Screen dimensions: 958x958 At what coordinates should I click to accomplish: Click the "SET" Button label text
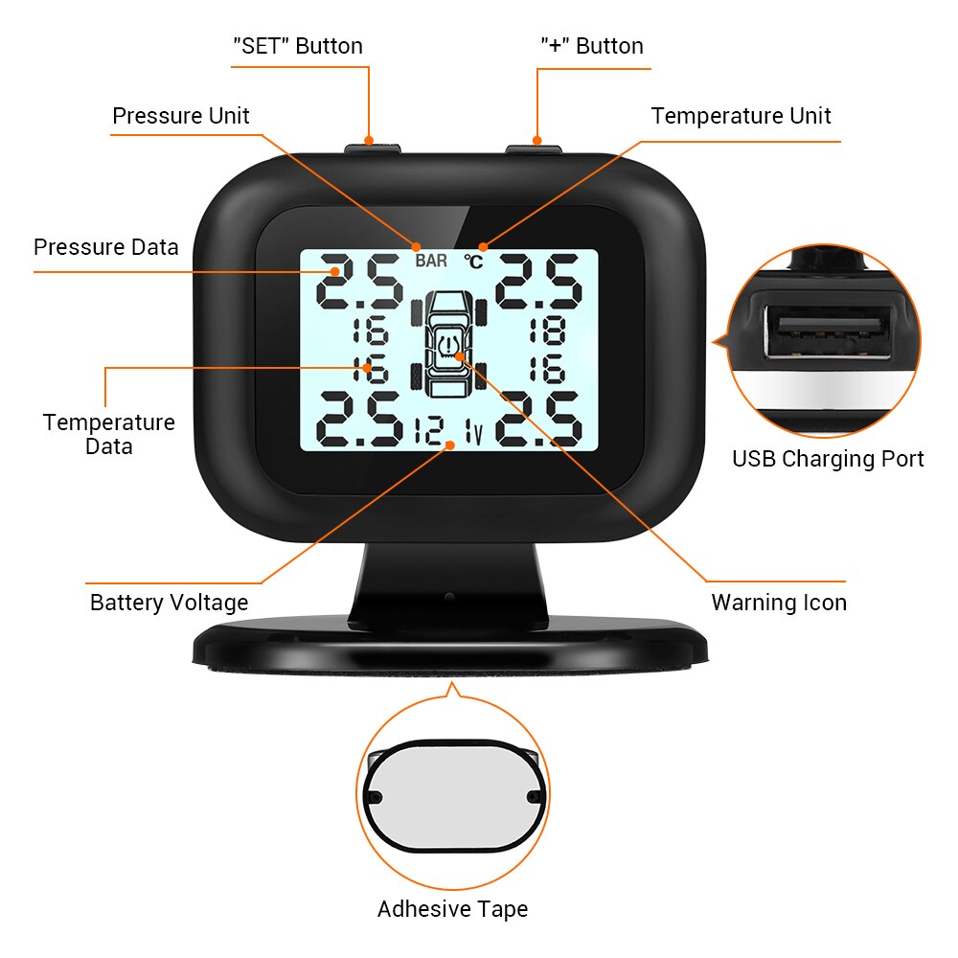(x=298, y=46)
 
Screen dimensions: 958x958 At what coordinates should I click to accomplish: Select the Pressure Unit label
(x=180, y=116)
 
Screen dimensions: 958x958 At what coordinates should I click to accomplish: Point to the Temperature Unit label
(x=741, y=116)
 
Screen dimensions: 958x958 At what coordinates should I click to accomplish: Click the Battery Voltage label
(x=169, y=603)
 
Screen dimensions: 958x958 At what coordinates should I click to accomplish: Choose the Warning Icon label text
(x=778, y=603)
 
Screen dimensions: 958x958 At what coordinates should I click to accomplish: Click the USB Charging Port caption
(x=828, y=459)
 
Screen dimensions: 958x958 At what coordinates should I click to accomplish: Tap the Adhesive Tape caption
(x=452, y=909)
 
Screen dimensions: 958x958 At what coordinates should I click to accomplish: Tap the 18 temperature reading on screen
(x=546, y=331)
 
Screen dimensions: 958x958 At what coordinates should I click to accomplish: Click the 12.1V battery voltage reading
(x=449, y=432)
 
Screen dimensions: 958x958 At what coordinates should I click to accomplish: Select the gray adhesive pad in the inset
(x=451, y=795)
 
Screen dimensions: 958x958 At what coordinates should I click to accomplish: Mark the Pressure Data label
(x=105, y=247)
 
